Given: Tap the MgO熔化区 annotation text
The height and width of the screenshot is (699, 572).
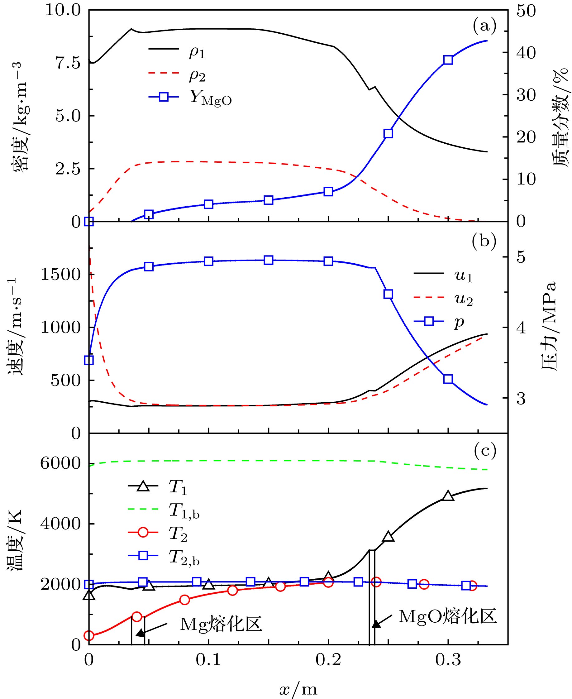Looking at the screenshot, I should coord(447,616).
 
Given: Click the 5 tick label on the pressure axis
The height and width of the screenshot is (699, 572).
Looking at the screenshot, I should coord(521,257).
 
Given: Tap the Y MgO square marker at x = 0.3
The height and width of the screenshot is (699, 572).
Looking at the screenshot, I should coord(448,60).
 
